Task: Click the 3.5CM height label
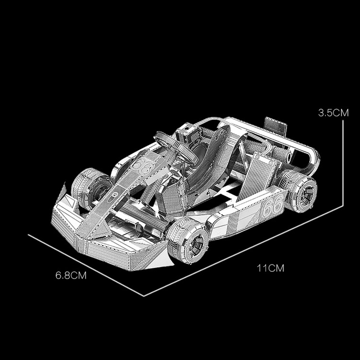tap(333, 113)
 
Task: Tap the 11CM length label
tap(270, 268)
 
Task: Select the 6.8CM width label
tap(71, 275)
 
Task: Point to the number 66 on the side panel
tap(272, 205)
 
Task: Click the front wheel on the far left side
tap(91, 188)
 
